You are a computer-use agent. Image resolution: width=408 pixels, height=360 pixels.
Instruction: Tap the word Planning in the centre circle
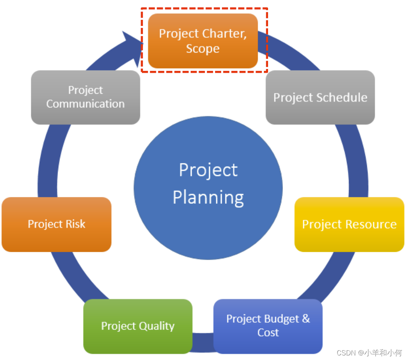tap(208, 197)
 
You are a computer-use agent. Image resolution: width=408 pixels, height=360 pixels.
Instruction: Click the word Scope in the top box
tap(202, 49)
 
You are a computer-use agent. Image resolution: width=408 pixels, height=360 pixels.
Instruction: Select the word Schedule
tap(341, 98)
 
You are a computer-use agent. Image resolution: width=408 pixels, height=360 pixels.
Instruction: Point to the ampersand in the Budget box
tap(306, 318)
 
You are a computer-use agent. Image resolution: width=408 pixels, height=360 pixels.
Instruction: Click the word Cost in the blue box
tap(268, 333)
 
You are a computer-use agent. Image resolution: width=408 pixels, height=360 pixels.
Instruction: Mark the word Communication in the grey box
tap(85, 104)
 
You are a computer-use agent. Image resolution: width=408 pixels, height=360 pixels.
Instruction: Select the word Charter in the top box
tap(224, 34)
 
